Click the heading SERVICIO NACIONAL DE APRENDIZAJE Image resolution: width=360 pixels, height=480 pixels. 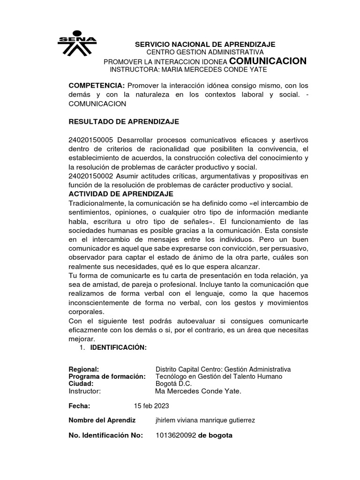205,44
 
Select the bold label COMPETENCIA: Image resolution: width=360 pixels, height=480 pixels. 97,86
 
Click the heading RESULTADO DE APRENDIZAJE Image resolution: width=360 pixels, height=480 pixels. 124,121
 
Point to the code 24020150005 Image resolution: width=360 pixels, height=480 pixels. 91,140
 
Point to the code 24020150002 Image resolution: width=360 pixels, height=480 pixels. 91,176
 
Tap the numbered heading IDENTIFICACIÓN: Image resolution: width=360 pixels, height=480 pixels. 119,347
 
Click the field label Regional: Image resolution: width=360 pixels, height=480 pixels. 84,369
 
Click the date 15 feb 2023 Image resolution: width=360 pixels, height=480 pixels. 151,405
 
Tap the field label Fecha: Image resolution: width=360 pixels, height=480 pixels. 79,405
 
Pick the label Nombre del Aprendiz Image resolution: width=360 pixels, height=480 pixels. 102,420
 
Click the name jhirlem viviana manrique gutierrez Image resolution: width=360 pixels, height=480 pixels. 205,420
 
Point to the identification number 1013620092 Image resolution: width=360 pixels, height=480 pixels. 175,435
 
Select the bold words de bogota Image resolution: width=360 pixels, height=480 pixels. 215,435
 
